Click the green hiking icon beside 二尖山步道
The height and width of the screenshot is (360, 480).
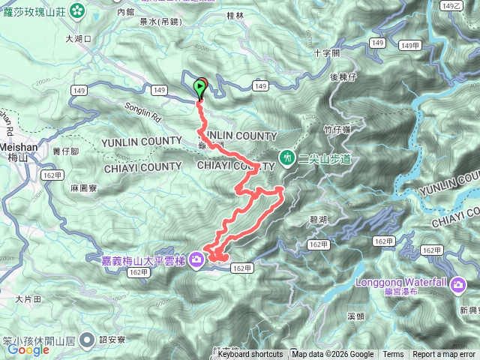287,157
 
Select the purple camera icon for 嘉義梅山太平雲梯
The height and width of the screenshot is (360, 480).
196,260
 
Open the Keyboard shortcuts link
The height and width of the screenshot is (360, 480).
250,355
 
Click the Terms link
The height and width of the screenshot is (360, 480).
393,355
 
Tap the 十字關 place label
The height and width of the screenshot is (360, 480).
327,54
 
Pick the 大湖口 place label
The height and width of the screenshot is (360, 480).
78,37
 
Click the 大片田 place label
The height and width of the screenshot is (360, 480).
28,298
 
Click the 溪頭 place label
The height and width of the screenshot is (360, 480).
356,316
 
